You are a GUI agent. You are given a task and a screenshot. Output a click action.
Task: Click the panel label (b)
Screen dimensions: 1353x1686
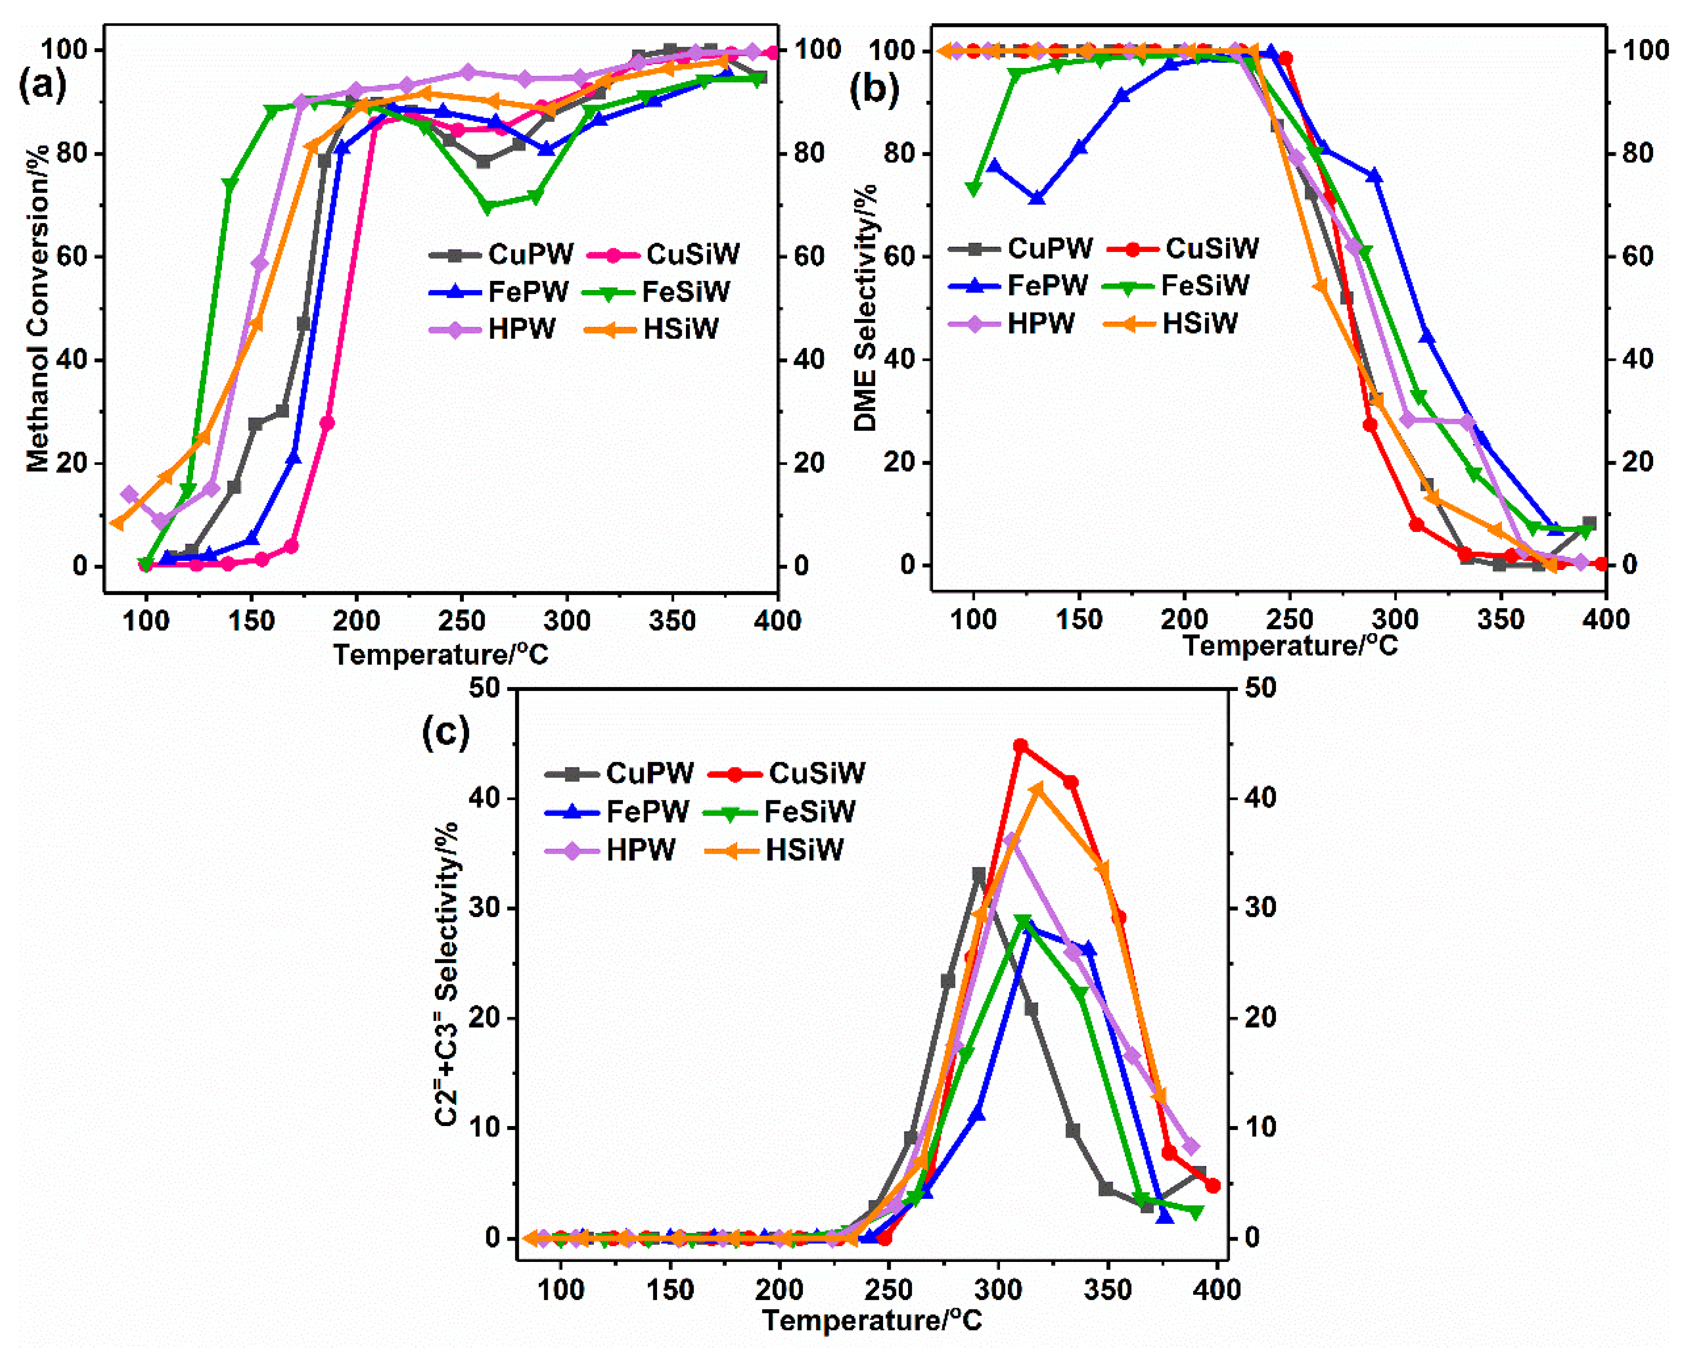tap(873, 88)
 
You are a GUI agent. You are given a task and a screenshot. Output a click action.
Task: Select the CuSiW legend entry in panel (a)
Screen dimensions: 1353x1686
tap(692, 254)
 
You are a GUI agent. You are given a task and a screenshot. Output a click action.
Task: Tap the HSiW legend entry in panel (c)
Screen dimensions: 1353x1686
tap(804, 850)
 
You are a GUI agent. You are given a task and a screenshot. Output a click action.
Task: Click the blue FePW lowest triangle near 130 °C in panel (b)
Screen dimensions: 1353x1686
tap(1038, 199)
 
